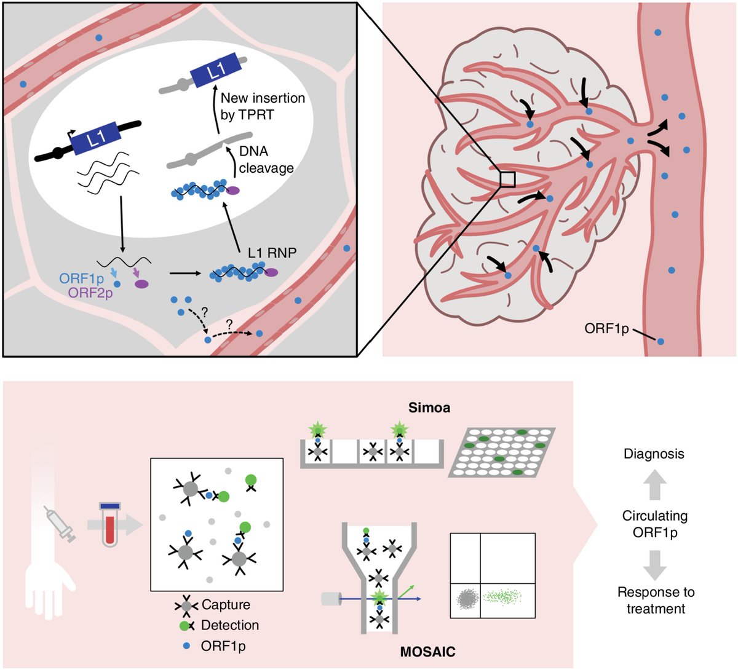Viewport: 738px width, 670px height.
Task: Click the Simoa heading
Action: [429, 408]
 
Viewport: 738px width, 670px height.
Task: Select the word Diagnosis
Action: [654, 454]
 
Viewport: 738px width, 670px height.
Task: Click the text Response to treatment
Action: [656, 601]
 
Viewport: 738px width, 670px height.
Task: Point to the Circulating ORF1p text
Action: [655, 524]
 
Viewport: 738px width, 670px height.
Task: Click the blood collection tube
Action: [110, 524]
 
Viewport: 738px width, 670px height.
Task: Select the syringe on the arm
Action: [60, 524]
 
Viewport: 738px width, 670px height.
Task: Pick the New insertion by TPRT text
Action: [263, 106]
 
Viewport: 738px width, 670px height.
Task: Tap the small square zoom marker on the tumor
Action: [507, 179]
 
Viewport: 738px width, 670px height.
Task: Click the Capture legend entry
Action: [213, 605]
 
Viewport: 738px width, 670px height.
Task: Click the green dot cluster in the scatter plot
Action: [507, 596]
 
